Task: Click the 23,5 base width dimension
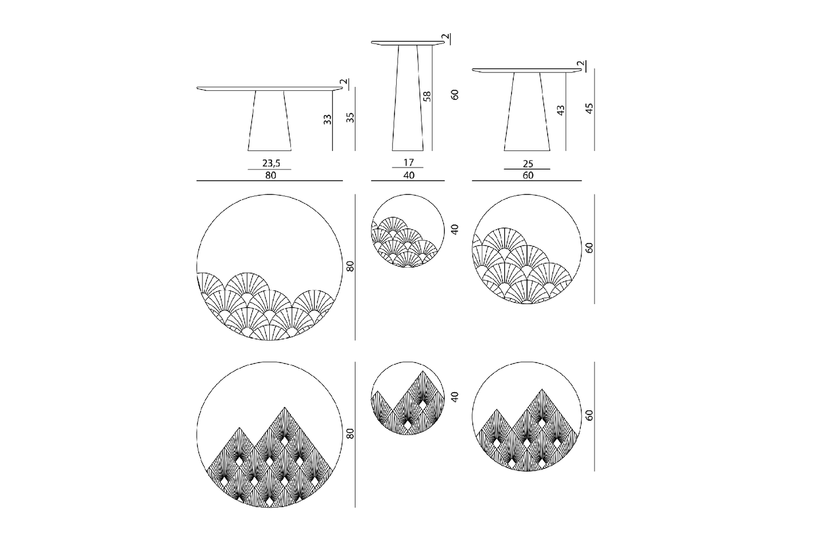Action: tap(271, 163)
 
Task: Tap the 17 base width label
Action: tap(409, 162)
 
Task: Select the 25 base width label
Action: tap(528, 164)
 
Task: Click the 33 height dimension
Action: tap(327, 119)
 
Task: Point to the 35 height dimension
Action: tap(350, 117)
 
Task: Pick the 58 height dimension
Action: tap(427, 96)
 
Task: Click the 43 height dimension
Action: tap(561, 110)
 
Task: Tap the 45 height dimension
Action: tap(589, 109)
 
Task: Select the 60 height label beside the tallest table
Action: tap(454, 94)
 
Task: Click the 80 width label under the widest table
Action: tap(270, 175)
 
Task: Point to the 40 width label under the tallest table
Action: tap(409, 175)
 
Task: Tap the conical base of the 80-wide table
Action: tap(270, 121)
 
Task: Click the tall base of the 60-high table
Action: tap(408, 98)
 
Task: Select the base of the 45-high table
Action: tap(527, 111)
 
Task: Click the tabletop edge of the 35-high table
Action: tap(270, 89)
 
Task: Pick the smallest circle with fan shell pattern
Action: tap(408, 230)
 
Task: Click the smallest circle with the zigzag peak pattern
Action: tap(408, 398)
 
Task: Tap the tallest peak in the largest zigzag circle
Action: tap(284, 408)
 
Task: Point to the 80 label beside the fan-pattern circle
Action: tap(350, 266)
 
